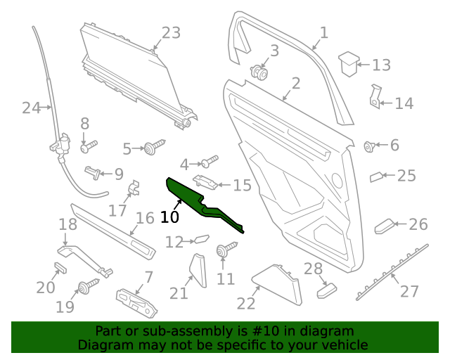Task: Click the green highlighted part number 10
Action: [x=204, y=204]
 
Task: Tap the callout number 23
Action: [x=171, y=33]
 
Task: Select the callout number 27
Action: [x=409, y=290]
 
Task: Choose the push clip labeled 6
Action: [x=368, y=146]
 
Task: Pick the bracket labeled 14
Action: [x=375, y=97]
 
